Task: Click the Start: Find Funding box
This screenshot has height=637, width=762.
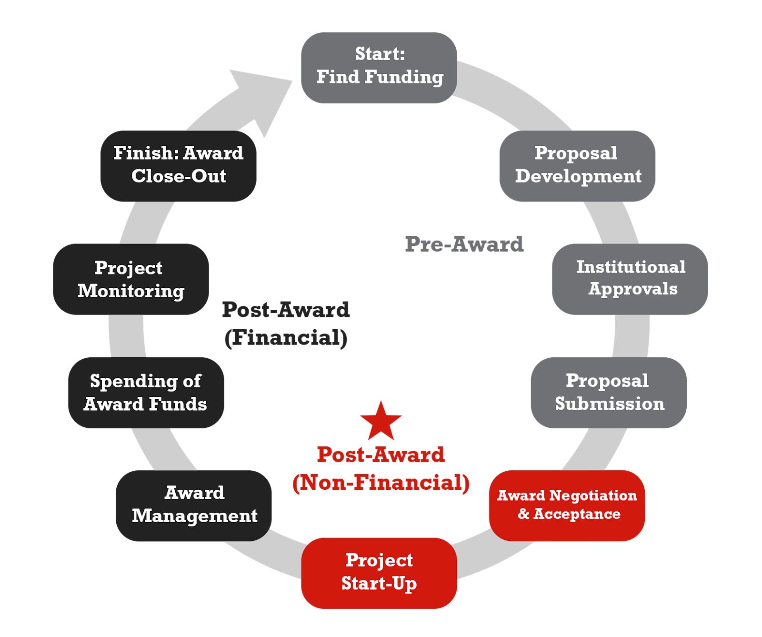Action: (379, 67)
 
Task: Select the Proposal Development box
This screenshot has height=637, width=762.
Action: (577, 166)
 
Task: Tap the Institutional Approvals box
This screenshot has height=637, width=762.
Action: (630, 279)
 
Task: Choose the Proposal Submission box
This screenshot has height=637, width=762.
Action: (609, 392)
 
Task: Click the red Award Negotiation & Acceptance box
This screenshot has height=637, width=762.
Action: (567, 505)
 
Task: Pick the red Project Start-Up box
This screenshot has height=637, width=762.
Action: (379, 573)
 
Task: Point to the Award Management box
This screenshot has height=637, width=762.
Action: (194, 505)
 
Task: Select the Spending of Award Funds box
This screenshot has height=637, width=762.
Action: (146, 392)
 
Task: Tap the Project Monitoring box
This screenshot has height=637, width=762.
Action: (130, 279)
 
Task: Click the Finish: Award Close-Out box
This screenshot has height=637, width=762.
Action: (179, 166)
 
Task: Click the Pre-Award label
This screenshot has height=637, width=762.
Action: (464, 244)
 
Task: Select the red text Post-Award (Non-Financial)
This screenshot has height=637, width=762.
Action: (381, 468)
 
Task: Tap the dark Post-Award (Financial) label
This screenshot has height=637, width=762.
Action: (286, 324)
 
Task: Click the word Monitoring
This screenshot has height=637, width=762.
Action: (131, 291)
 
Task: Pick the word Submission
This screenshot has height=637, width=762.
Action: (610, 404)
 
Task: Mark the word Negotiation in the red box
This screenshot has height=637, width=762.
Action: (593, 495)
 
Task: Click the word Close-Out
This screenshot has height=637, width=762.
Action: (179, 176)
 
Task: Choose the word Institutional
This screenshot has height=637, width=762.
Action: (631, 267)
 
